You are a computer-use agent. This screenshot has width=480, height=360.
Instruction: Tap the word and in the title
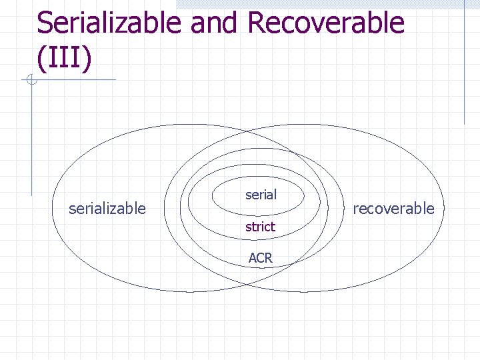[215, 23]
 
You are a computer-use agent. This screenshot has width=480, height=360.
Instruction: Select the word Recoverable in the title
[326, 23]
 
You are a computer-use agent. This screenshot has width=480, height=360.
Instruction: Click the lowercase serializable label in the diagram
[107, 209]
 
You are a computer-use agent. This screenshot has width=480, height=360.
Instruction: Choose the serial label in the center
[261, 195]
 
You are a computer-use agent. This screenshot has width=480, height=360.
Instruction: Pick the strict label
[260, 227]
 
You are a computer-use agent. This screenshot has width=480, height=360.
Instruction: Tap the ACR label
[260, 257]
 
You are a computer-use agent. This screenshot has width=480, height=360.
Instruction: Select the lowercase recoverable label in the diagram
[393, 209]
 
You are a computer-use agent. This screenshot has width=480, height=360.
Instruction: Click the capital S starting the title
[45, 23]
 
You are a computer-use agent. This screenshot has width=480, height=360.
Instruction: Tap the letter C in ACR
[260, 257]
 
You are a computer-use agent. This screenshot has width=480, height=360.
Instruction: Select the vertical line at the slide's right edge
[464, 63]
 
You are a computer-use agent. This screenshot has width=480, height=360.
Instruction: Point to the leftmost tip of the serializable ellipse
[52, 209]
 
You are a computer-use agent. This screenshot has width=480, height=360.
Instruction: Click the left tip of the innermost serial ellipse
[212, 197]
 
